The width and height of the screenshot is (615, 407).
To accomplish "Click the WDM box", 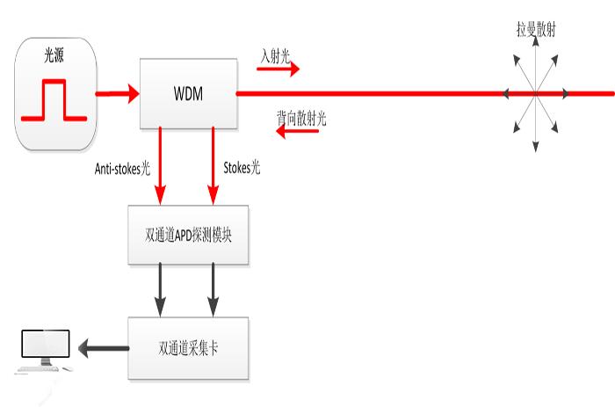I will coord(188,92).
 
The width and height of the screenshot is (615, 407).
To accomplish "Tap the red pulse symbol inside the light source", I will coord(54,100).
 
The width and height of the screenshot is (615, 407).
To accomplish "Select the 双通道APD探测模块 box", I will coord(188,236).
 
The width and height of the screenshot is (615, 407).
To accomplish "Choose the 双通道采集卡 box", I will coord(188,348).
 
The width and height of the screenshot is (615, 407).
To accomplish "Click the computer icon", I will coord(43,352).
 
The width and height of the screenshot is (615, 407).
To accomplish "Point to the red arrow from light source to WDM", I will coord(117,92).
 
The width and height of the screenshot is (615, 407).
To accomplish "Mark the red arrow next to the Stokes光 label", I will coord(213,166).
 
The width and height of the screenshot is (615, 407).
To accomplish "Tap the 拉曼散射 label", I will coord(534,30).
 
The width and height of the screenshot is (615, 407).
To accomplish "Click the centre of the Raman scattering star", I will coord(534,91).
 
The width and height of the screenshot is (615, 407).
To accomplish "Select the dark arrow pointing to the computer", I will coord(101,348).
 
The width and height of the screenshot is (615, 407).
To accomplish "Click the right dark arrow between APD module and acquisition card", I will coord(213,291).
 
